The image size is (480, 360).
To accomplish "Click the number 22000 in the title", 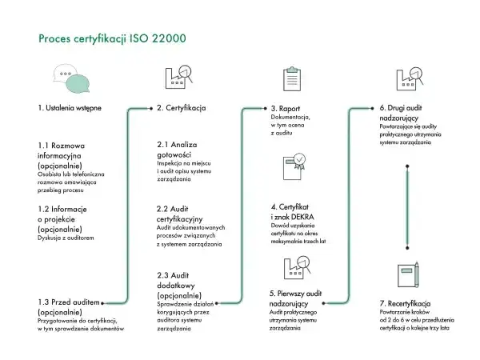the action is pos(169,38).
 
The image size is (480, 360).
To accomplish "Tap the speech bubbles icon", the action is pos(71,78).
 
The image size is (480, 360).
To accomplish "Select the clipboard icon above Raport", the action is pos(292,78).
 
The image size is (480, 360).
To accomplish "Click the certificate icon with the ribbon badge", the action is pos(294,166).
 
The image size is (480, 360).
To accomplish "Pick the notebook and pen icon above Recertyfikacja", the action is pos(408,275).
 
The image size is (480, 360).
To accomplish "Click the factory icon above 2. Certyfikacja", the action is pos(179,77).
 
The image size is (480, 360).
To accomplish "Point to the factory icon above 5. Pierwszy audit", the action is pos(298,267).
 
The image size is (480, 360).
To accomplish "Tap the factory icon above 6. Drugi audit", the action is pos(410,78).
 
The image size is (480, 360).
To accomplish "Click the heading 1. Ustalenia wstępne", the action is pos(70,108).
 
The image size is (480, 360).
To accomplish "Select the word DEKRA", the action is pos(302,217).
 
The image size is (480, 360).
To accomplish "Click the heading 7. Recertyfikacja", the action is pos(405,304).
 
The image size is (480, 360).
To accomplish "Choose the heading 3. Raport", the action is pos(286,109).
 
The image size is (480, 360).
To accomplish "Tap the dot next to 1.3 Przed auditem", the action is pos(102,303).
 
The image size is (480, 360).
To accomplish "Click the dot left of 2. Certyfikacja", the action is pos(151,108).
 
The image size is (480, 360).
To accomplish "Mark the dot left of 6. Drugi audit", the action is pos(372,108).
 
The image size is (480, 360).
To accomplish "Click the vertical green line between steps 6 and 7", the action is pos(407,207).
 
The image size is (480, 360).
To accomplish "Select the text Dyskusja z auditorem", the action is pos(66,238).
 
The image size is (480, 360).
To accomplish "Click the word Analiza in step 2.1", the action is pos(184,145).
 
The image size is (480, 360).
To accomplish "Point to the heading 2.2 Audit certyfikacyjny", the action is pos(179,214).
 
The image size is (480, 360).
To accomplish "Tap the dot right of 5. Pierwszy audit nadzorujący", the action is pos(323,303).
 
